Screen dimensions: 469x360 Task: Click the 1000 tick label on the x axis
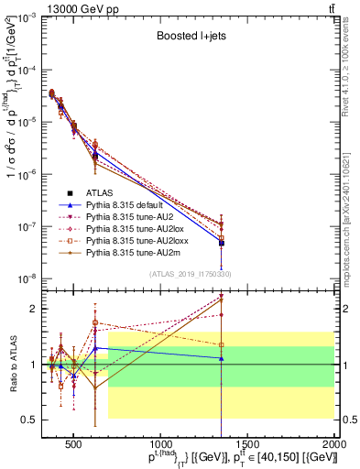161,438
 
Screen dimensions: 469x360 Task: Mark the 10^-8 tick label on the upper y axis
23,278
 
